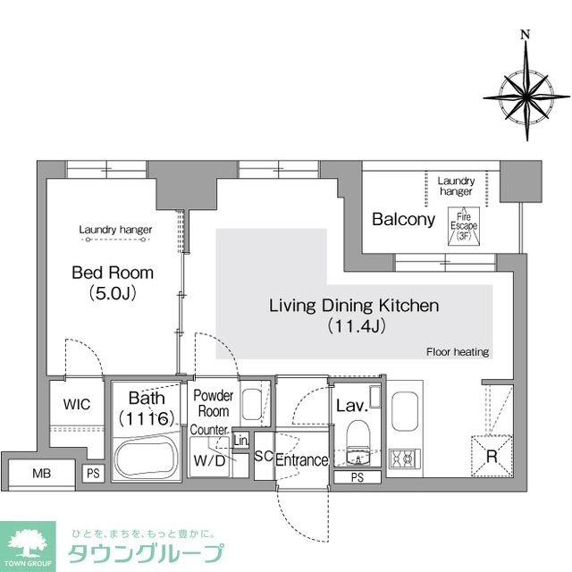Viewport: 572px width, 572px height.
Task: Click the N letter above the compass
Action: tap(526, 36)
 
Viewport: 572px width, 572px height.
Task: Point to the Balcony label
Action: tap(403, 219)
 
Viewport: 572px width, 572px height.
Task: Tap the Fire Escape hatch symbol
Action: tap(463, 223)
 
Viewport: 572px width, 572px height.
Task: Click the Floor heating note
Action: tap(458, 352)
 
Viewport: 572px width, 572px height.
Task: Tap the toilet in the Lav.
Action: tap(357, 442)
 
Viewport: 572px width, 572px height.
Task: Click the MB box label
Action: tap(41, 473)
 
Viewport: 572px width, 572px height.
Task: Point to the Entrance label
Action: tap(302, 460)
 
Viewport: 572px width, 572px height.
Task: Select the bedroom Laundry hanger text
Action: tap(115, 230)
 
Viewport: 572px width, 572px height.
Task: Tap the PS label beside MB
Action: tap(93, 474)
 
